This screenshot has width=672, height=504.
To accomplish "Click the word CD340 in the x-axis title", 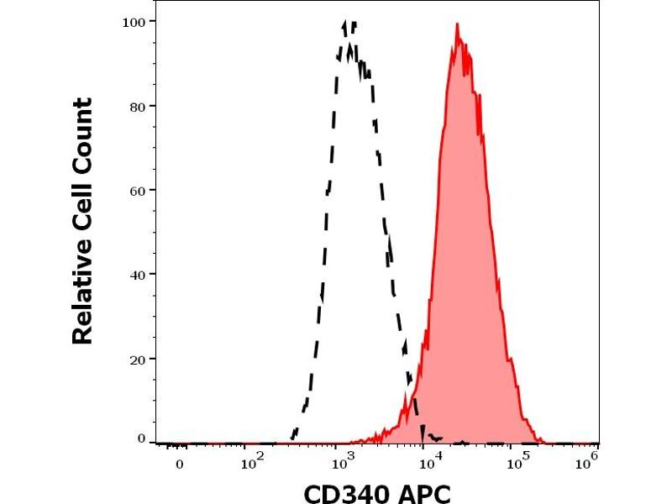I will tap(345, 490).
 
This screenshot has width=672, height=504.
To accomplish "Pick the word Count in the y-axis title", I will tap(82, 131).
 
